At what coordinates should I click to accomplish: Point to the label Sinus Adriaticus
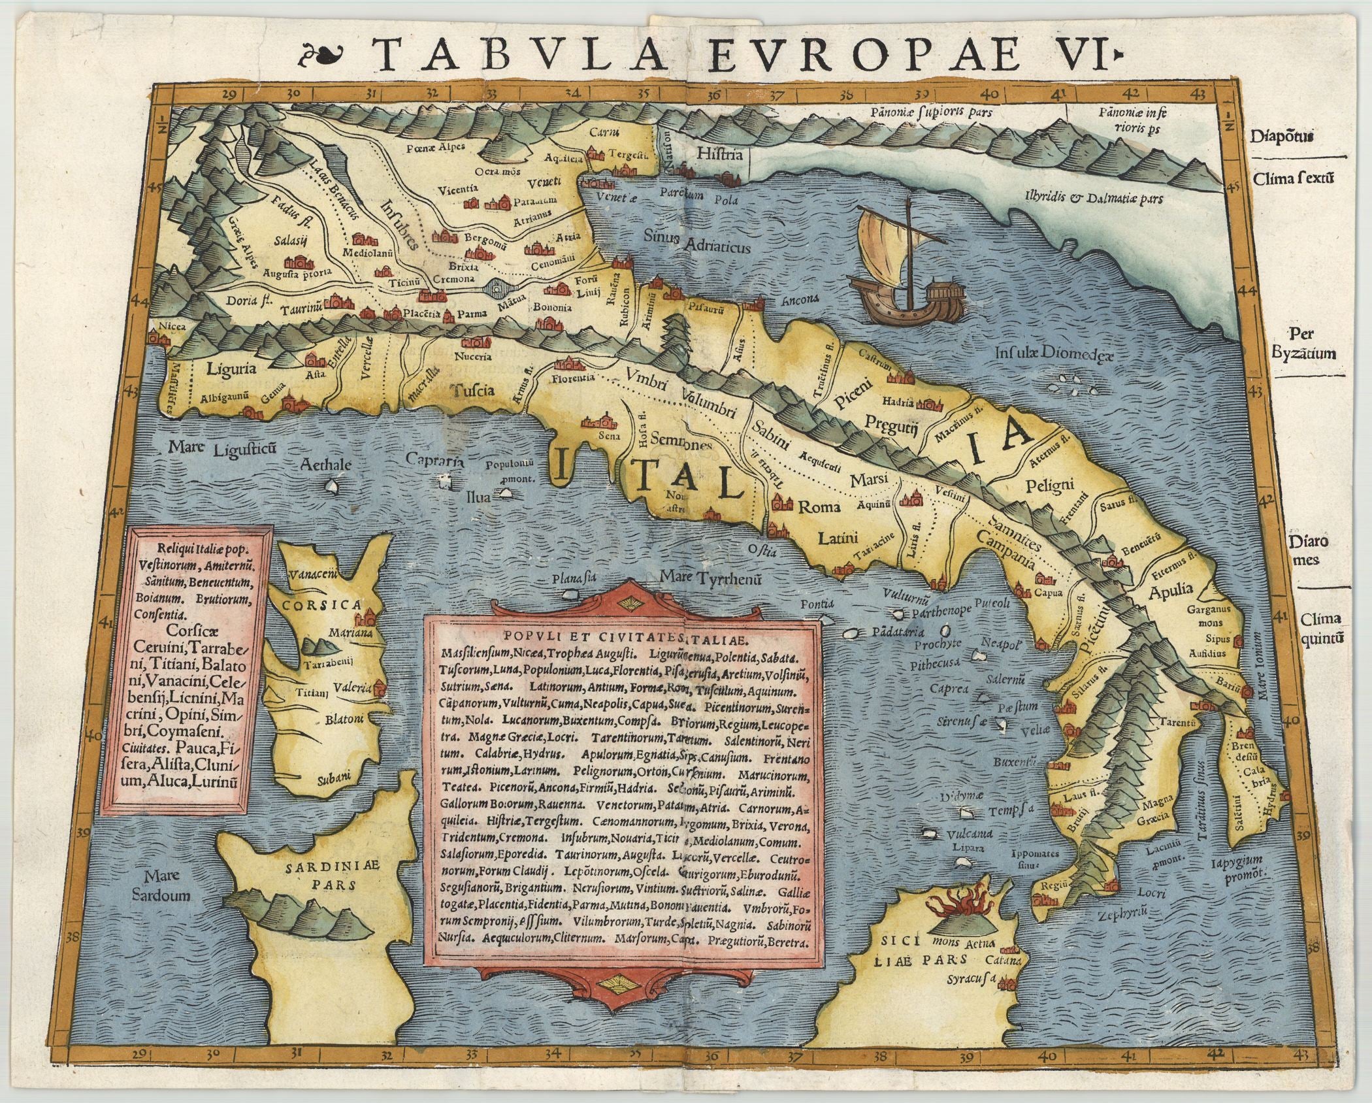pyautogui.click(x=696, y=242)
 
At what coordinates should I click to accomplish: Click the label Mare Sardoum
pyautogui.click(x=169, y=885)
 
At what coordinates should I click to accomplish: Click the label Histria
pyautogui.click(x=720, y=156)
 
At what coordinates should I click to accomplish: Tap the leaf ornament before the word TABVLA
pyautogui.click(x=324, y=55)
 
